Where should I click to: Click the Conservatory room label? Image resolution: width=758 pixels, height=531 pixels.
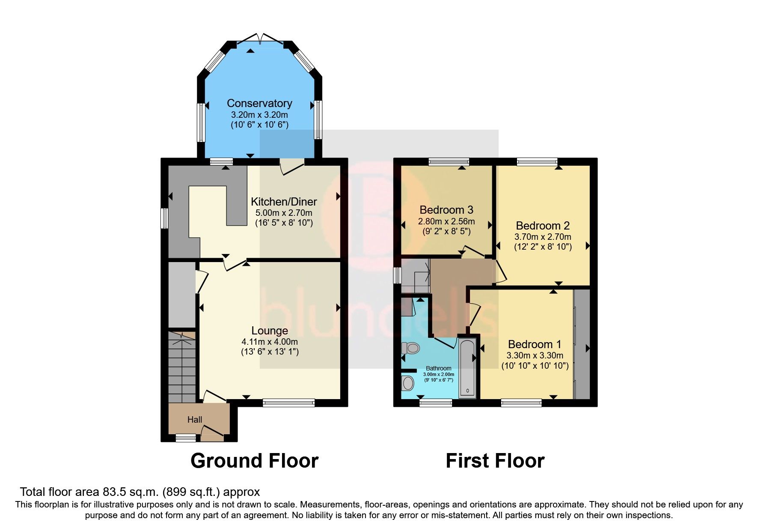click(259, 103)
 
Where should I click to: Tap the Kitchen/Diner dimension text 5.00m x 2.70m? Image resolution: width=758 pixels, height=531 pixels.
click(284, 213)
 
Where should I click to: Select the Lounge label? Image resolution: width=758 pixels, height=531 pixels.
click(269, 331)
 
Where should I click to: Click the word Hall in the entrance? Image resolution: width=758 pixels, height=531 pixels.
click(195, 420)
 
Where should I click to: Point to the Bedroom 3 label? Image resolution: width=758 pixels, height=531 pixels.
click(446, 210)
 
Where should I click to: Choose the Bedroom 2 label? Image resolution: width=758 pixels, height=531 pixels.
click(542, 226)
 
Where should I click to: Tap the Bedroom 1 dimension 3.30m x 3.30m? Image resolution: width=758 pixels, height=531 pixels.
click(535, 355)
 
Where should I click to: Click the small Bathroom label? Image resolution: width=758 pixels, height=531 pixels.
click(438, 368)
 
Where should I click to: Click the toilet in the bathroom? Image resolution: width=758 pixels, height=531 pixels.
click(411, 348)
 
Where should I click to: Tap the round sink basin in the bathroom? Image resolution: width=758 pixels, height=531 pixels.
click(408, 382)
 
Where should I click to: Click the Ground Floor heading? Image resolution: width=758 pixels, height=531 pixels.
click(254, 461)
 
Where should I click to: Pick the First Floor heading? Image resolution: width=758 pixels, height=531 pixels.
click(495, 461)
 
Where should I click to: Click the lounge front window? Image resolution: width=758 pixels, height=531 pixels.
click(288, 403)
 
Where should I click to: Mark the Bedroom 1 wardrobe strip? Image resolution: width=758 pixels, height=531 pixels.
click(581, 344)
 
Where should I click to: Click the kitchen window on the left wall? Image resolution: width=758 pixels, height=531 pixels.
click(164, 218)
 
